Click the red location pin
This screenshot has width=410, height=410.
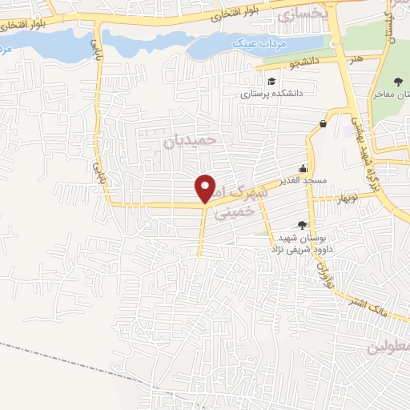click(x=206, y=187)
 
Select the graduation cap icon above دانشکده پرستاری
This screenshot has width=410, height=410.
click(x=271, y=81)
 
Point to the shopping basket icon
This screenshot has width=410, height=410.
click(x=323, y=123)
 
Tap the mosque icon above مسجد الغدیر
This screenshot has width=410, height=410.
click(x=303, y=168)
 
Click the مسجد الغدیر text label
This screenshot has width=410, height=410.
click(x=301, y=181)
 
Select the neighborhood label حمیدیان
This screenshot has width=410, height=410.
click(x=191, y=139)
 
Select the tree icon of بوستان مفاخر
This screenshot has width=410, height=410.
click(x=399, y=81)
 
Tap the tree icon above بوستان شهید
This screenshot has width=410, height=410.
click(x=301, y=226)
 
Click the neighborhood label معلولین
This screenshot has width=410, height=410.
click(x=390, y=348)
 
